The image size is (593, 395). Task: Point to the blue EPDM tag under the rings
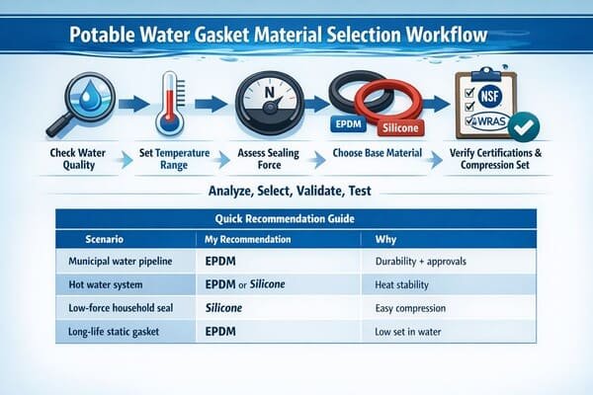click(343, 125)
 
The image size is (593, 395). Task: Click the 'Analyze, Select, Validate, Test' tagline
click(296, 189)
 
